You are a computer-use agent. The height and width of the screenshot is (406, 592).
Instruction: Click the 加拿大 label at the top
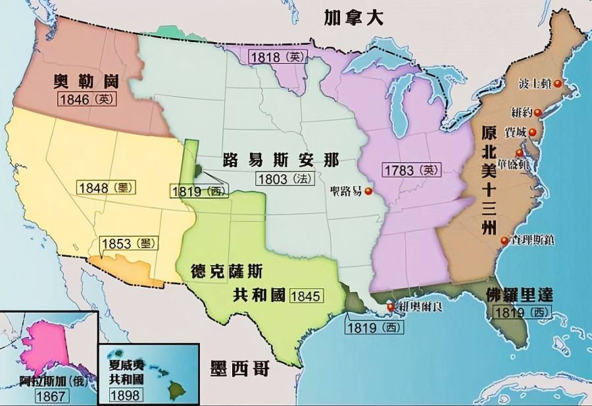[353, 18]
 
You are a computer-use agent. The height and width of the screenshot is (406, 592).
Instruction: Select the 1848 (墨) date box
[106, 188]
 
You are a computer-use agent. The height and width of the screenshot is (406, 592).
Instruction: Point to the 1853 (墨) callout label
[129, 243]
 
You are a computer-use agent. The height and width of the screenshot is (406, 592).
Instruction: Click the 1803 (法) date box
[285, 178]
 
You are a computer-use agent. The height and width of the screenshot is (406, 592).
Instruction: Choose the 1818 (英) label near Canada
[278, 57]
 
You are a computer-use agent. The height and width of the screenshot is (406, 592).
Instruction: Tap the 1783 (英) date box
[410, 170]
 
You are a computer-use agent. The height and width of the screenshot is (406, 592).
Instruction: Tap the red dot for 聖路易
[368, 192]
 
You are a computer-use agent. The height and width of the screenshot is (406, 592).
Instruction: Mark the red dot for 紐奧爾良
[391, 307]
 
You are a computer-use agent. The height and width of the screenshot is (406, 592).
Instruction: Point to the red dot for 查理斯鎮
[504, 241]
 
